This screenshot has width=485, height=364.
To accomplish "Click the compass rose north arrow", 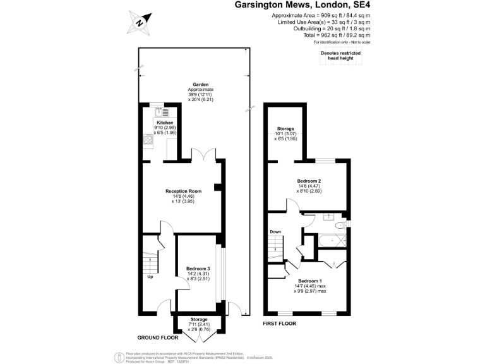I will pos(139,23).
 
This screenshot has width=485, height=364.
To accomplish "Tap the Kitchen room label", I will pos(164,123).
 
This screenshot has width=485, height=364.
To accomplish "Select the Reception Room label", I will pos(183,191).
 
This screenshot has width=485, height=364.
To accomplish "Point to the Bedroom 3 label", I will pos(198,269).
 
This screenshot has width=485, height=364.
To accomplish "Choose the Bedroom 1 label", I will pos(309,281).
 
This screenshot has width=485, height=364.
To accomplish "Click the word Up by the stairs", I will pos(150,277).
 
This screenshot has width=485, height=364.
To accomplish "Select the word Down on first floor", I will pos(275,232).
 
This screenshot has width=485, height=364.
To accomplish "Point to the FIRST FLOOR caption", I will pos(279,323).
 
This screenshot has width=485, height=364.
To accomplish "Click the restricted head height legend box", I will pos(340,56).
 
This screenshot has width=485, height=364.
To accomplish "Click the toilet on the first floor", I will pos(340,223).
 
